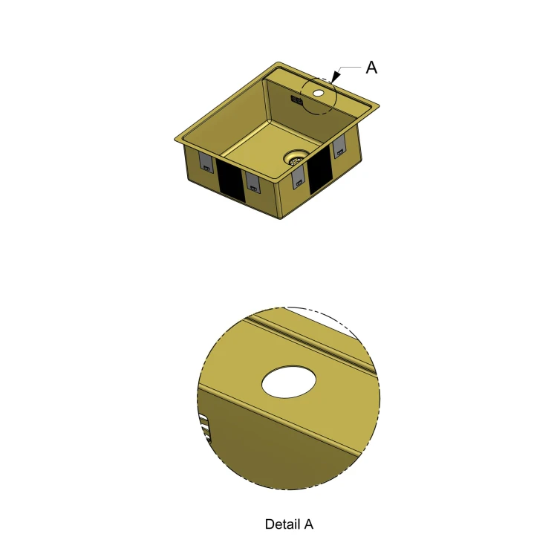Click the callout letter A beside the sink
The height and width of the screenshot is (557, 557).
[x=371, y=68]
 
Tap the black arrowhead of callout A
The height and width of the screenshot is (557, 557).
[x=335, y=76]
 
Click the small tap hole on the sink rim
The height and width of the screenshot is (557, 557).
[x=319, y=94]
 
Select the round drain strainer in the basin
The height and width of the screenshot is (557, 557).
[x=296, y=158]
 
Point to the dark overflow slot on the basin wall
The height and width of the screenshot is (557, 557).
[x=297, y=100]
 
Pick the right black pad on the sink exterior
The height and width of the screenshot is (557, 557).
[x=320, y=170]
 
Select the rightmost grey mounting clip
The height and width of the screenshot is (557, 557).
[x=339, y=146]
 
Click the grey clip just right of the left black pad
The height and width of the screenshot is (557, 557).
[x=253, y=181]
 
